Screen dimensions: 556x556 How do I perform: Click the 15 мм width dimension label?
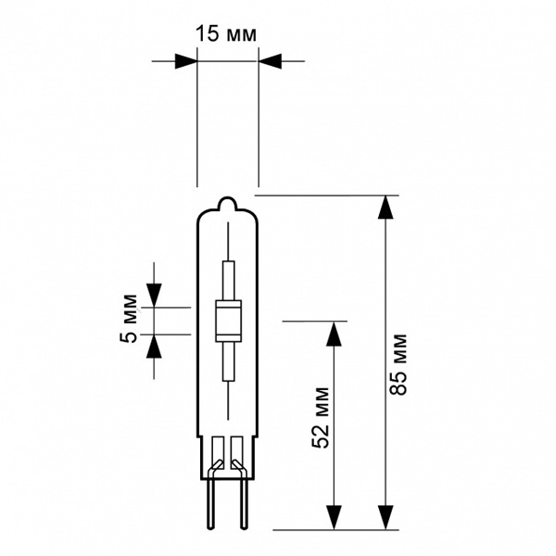[x=226, y=34]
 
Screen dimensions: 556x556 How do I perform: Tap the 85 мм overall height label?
[x=398, y=364]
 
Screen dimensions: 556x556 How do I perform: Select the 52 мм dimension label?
[x=321, y=418]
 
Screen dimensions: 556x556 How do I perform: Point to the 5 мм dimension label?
[x=129, y=319]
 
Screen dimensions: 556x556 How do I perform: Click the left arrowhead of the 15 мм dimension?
[x=186, y=61]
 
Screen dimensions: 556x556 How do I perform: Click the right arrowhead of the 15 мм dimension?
[x=270, y=61]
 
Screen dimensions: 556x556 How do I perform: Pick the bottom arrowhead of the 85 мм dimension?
[x=385, y=518]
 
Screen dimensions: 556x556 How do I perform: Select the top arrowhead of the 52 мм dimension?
[x=334, y=333]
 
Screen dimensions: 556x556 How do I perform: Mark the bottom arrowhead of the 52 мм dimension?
[x=334, y=518]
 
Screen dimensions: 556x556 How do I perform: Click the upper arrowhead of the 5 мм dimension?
[x=154, y=296]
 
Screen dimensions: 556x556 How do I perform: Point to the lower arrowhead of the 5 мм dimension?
[x=154, y=347]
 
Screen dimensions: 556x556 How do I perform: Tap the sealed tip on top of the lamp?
[x=228, y=204]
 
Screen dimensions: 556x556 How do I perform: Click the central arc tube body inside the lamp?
[x=228, y=322]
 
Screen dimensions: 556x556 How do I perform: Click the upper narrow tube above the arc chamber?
[x=228, y=281]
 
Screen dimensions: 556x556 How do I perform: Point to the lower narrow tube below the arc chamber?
[x=228, y=361]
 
